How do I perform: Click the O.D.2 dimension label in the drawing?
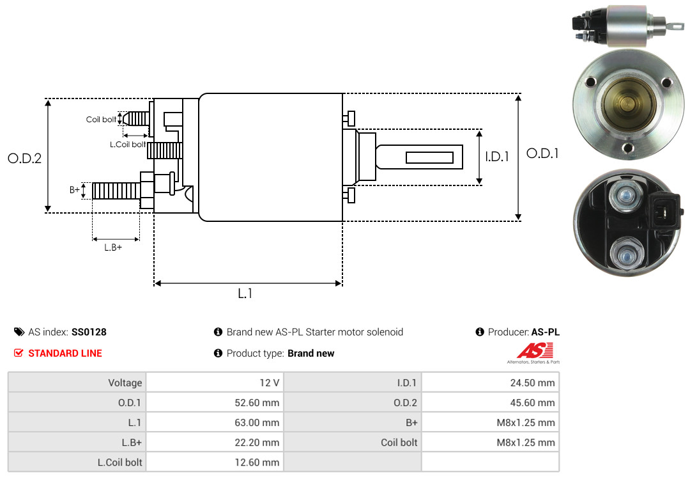pyautogui.click(x=25, y=158)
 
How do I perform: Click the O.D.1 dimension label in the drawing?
pyautogui.click(x=542, y=153)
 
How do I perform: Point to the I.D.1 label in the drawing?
pyautogui.click(x=497, y=157)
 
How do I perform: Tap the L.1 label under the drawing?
pyautogui.click(x=245, y=294)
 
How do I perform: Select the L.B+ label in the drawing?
pyautogui.click(x=113, y=247)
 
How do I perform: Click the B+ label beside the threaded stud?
pyautogui.click(x=74, y=189)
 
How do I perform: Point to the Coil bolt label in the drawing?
pyautogui.click(x=101, y=120)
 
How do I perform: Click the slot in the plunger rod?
pyautogui.click(x=429, y=157)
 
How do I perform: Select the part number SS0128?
pyautogui.click(x=89, y=332)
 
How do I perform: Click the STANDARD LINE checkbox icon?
pyautogui.click(x=19, y=353)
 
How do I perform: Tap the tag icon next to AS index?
pyautogui.click(x=19, y=332)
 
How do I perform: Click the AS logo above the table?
pyautogui.click(x=534, y=352)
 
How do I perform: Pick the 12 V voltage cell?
pyautogui.click(x=270, y=382)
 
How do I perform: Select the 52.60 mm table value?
pyautogui.click(x=257, y=403)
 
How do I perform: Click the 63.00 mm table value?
pyautogui.click(x=257, y=423)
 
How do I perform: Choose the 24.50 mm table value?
pyautogui.click(x=532, y=382)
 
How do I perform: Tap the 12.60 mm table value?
pyautogui.click(x=257, y=462)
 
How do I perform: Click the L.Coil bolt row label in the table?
pyautogui.click(x=119, y=462)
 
